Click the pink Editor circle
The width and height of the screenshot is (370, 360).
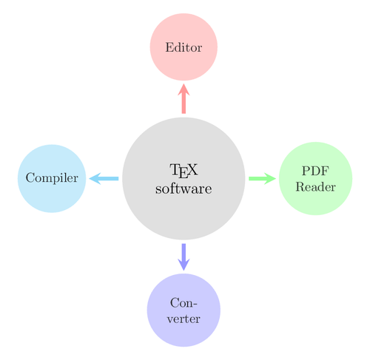pos(184,47)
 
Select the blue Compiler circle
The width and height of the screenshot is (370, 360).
pos(52,178)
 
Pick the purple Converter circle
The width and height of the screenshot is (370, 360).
pos(184,310)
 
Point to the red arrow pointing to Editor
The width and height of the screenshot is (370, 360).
pos(184,100)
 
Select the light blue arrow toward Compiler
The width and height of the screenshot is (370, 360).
pos(104,178)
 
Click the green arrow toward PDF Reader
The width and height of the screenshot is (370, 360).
pos(261,178)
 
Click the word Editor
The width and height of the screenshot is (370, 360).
pos(184,47)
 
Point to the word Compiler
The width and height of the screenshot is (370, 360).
pos(52,178)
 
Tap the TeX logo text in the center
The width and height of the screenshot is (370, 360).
pos(184,171)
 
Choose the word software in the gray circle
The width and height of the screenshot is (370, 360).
pos(184,189)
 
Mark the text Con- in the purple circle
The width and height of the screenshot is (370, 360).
pos(184,303)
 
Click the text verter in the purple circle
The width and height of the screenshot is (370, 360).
pos(184,318)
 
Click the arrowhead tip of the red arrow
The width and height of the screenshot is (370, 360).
pos(184,85)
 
